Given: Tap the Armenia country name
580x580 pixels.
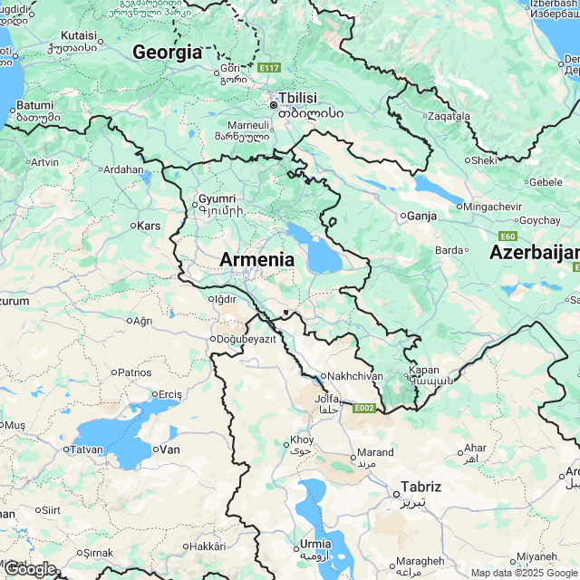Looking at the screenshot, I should (256, 260).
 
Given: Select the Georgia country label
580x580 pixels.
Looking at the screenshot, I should (167, 53).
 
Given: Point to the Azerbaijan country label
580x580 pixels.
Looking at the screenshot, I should (534, 253).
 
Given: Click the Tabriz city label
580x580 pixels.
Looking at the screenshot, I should (422, 487).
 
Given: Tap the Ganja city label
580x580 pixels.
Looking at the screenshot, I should (421, 216).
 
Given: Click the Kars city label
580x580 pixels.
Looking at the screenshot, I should (148, 225).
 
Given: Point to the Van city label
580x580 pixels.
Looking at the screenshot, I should (169, 449).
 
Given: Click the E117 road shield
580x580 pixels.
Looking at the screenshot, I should (269, 68).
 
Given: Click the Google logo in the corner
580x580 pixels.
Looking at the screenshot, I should (30, 569).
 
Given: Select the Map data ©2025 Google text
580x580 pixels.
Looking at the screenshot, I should (524, 573).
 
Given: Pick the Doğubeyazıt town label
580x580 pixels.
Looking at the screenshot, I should (246, 339).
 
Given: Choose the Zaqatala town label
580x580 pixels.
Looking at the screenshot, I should (449, 116).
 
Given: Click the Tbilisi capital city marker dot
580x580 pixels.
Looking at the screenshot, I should (273, 105).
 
